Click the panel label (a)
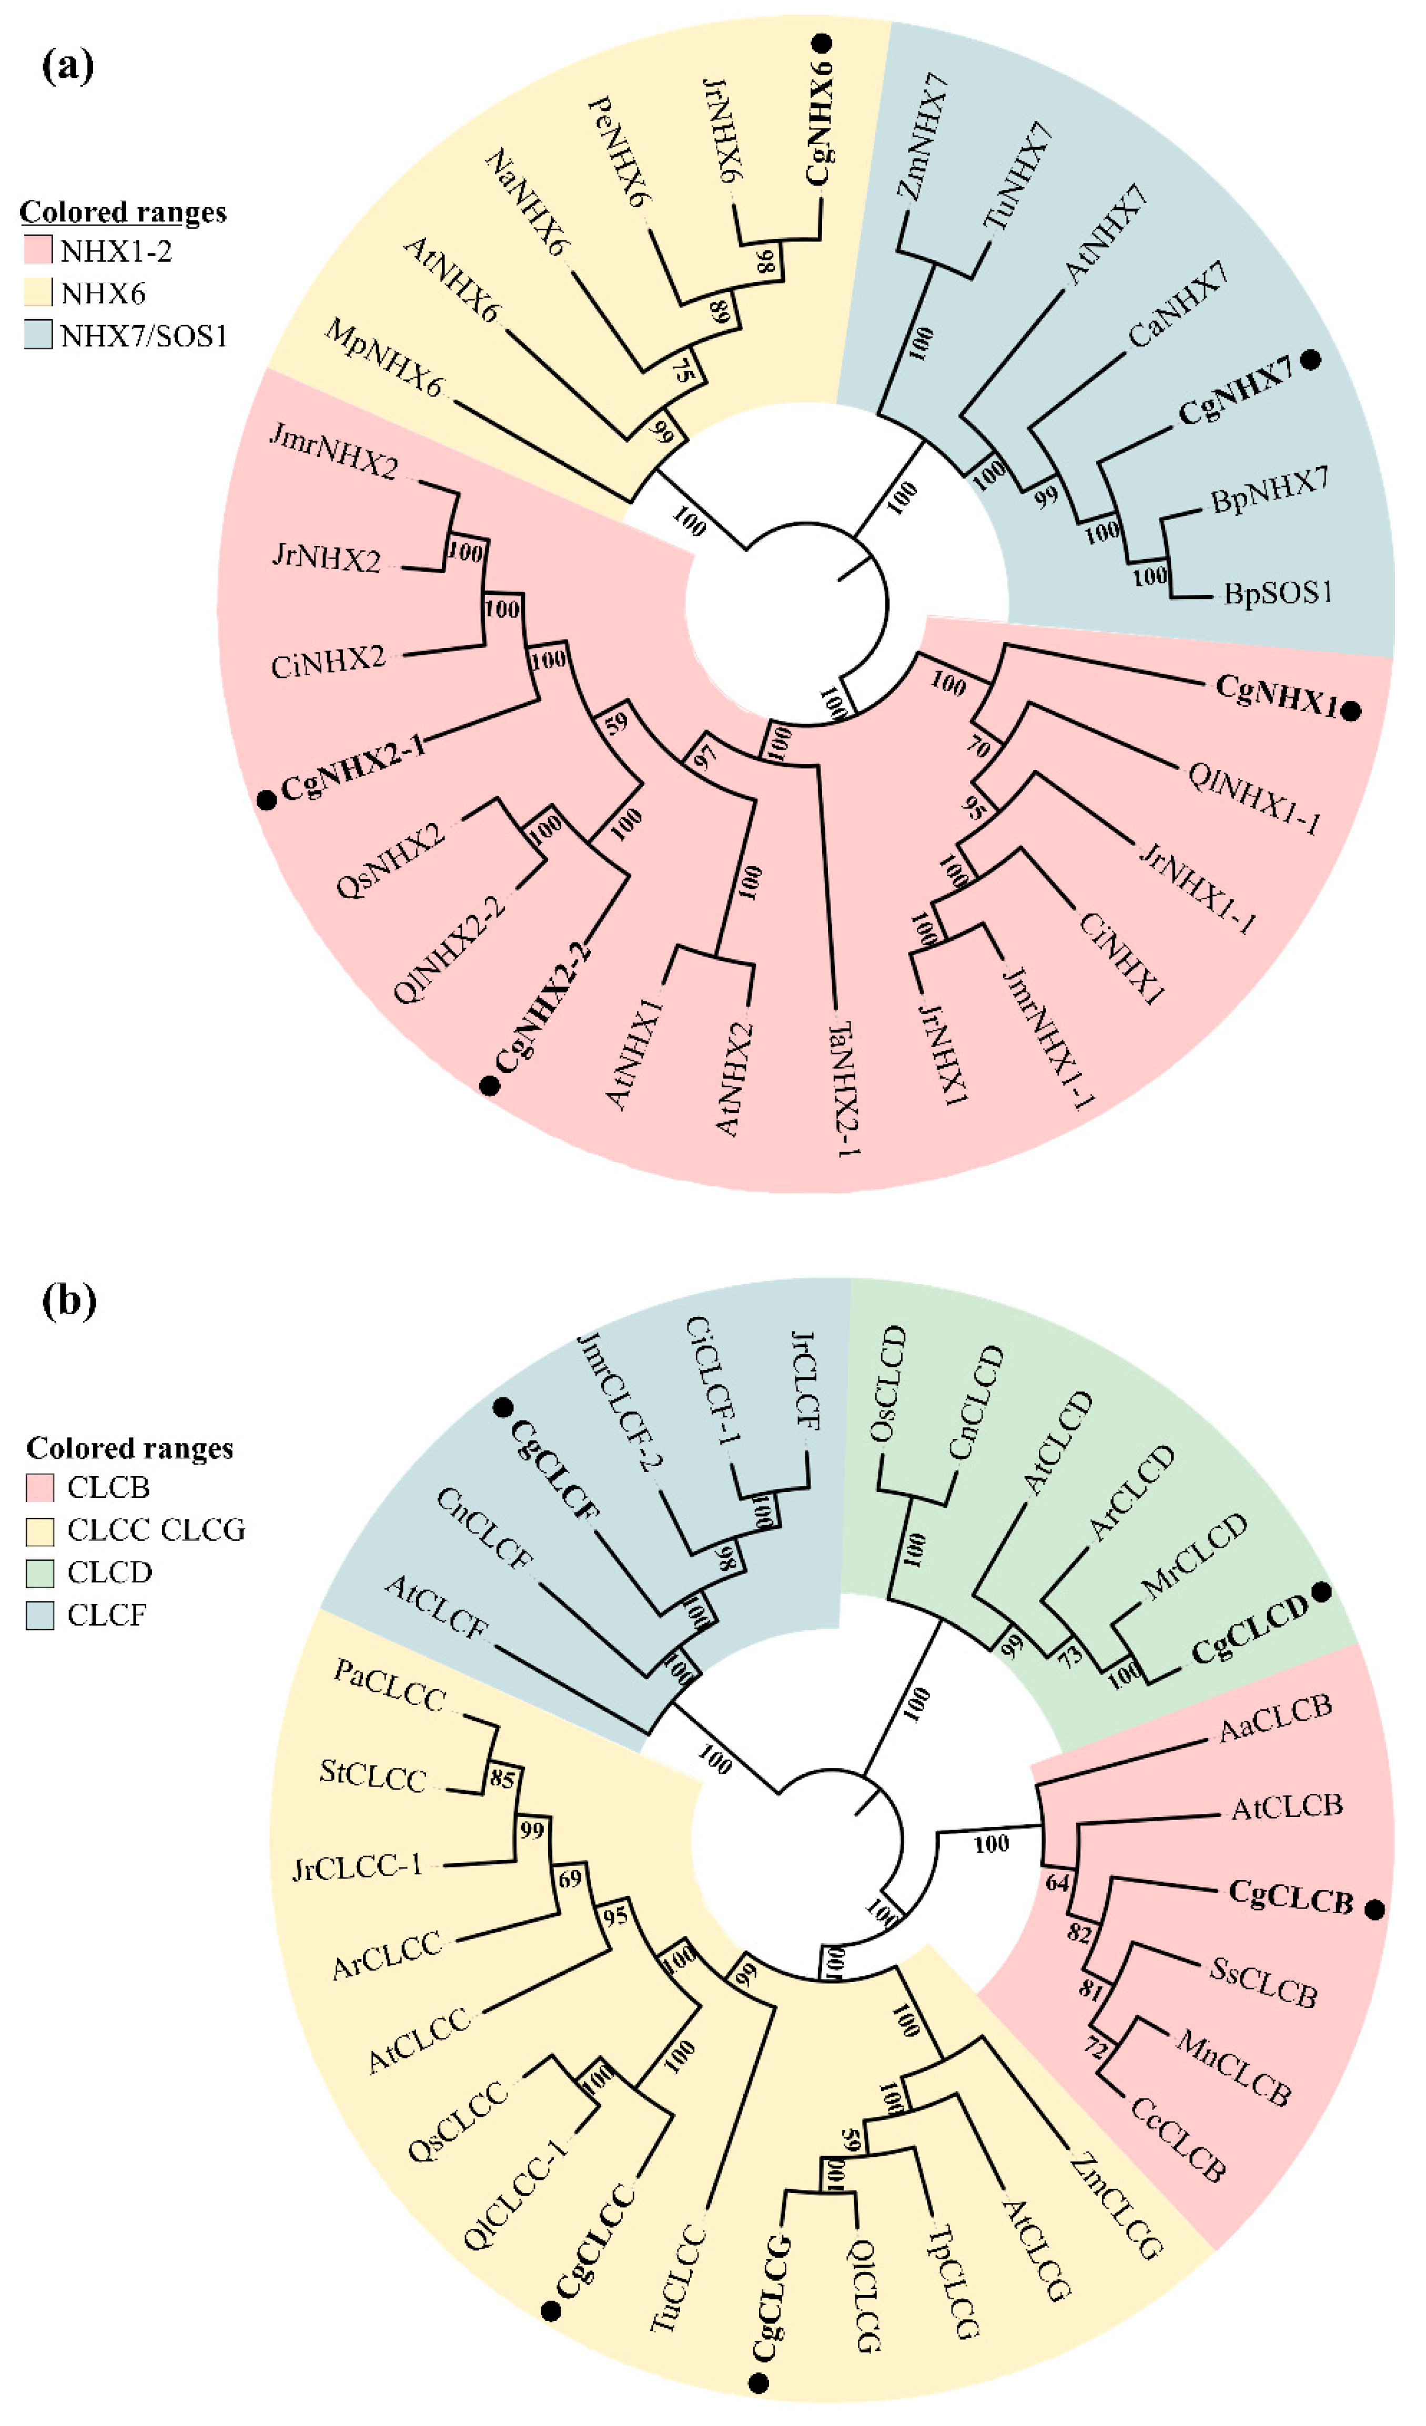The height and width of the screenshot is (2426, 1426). tap(67, 67)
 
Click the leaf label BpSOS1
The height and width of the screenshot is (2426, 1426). tap(1278, 592)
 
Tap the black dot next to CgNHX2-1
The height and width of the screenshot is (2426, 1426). tap(268, 800)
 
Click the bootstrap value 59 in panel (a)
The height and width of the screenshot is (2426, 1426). tap(616, 722)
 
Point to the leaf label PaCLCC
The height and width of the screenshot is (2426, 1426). tap(389, 1687)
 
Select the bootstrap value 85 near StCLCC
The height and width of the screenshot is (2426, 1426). tap(502, 1778)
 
